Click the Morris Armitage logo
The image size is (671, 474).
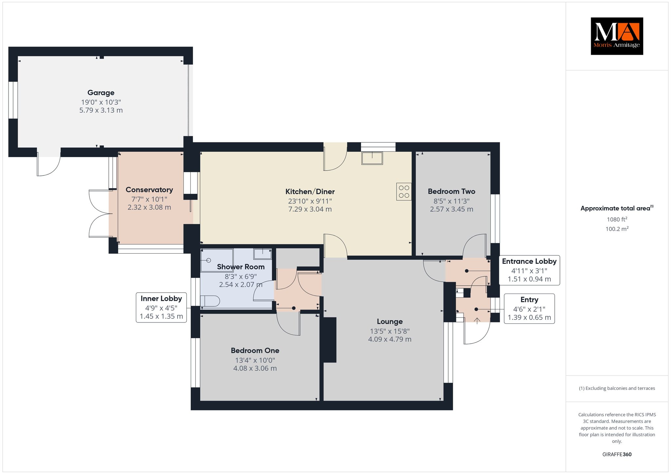pos(617,36)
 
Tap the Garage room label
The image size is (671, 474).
pos(101,93)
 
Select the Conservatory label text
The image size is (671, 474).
pos(149,190)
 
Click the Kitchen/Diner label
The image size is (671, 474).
pos(310,191)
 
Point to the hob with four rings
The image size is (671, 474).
pos(404,191)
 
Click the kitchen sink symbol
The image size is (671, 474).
pos(372,158)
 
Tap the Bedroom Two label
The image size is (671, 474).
pos(451,191)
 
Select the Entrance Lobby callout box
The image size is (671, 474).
pos(529,270)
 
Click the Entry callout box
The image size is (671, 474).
pos(529,308)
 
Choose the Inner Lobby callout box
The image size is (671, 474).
pos(161,307)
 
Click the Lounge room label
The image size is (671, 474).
pos(390,321)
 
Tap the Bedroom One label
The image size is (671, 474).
pos(255,351)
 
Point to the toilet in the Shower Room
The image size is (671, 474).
pos(210,301)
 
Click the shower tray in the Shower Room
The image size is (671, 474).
pos(217,260)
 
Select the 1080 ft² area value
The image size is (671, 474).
pos(617,219)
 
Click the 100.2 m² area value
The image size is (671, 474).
pos(617,229)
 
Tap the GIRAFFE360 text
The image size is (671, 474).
pos(617,454)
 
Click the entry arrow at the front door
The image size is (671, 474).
pos(477,320)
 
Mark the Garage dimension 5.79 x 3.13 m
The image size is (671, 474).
pos(101,110)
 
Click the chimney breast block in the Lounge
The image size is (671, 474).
pos(330,340)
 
